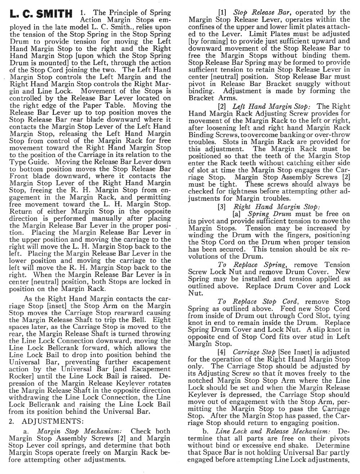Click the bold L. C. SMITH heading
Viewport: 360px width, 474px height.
pos(41,14)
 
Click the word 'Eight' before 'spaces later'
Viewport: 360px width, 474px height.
pos(162,319)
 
